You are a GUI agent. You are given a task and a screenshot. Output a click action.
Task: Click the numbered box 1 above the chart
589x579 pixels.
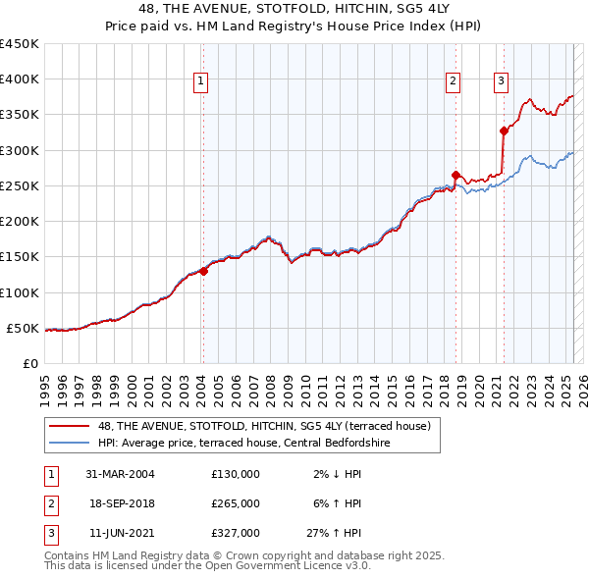[x=200, y=82]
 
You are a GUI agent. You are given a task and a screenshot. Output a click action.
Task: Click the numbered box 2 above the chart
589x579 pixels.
[x=453, y=82]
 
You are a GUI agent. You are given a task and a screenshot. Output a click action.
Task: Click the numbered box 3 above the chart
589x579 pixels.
[x=501, y=82]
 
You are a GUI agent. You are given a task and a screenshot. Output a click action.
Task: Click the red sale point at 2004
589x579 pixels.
[x=203, y=271]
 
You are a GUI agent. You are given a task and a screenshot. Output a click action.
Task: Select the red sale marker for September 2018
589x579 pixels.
[x=455, y=175]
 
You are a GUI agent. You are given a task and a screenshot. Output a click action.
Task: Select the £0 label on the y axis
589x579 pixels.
[x=29, y=363]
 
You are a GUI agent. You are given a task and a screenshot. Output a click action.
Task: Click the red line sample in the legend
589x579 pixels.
[x=70, y=426]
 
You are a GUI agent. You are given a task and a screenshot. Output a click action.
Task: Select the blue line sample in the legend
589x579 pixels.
[x=70, y=443]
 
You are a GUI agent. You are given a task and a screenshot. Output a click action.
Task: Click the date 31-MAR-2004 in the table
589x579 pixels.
[x=121, y=474]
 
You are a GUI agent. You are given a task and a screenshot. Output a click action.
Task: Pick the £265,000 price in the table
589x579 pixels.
[x=236, y=503]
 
